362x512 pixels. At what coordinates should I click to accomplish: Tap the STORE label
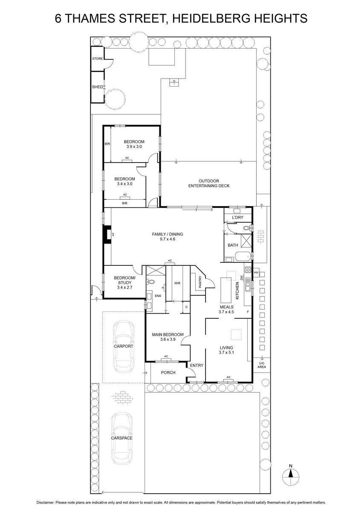tap(97, 58)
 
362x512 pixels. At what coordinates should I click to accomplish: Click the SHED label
tap(97, 87)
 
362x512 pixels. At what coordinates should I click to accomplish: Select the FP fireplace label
tap(113, 234)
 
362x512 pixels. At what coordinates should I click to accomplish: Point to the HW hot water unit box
tap(256, 273)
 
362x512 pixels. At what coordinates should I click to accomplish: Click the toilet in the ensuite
tap(150, 282)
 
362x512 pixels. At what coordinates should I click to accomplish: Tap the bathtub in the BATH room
tap(242, 256)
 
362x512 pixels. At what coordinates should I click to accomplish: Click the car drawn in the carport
tap(124, 346)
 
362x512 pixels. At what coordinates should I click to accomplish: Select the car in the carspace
tap(122, 438)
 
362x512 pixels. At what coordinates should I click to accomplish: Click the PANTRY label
tap(200, 282)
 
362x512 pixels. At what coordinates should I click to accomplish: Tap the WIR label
tap(177, 283)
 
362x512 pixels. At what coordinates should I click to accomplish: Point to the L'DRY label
tap(237, 217)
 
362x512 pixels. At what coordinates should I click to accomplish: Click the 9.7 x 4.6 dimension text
tap(168, 239)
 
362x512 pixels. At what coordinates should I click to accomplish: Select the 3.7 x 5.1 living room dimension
tap(226, 352)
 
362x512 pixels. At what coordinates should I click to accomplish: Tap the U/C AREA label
tap(262, 365)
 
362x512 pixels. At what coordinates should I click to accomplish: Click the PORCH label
tap(168, 372)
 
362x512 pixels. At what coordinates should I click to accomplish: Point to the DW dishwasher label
tap(241, 277)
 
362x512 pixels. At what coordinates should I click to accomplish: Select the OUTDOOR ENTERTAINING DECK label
tap(209, 183)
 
